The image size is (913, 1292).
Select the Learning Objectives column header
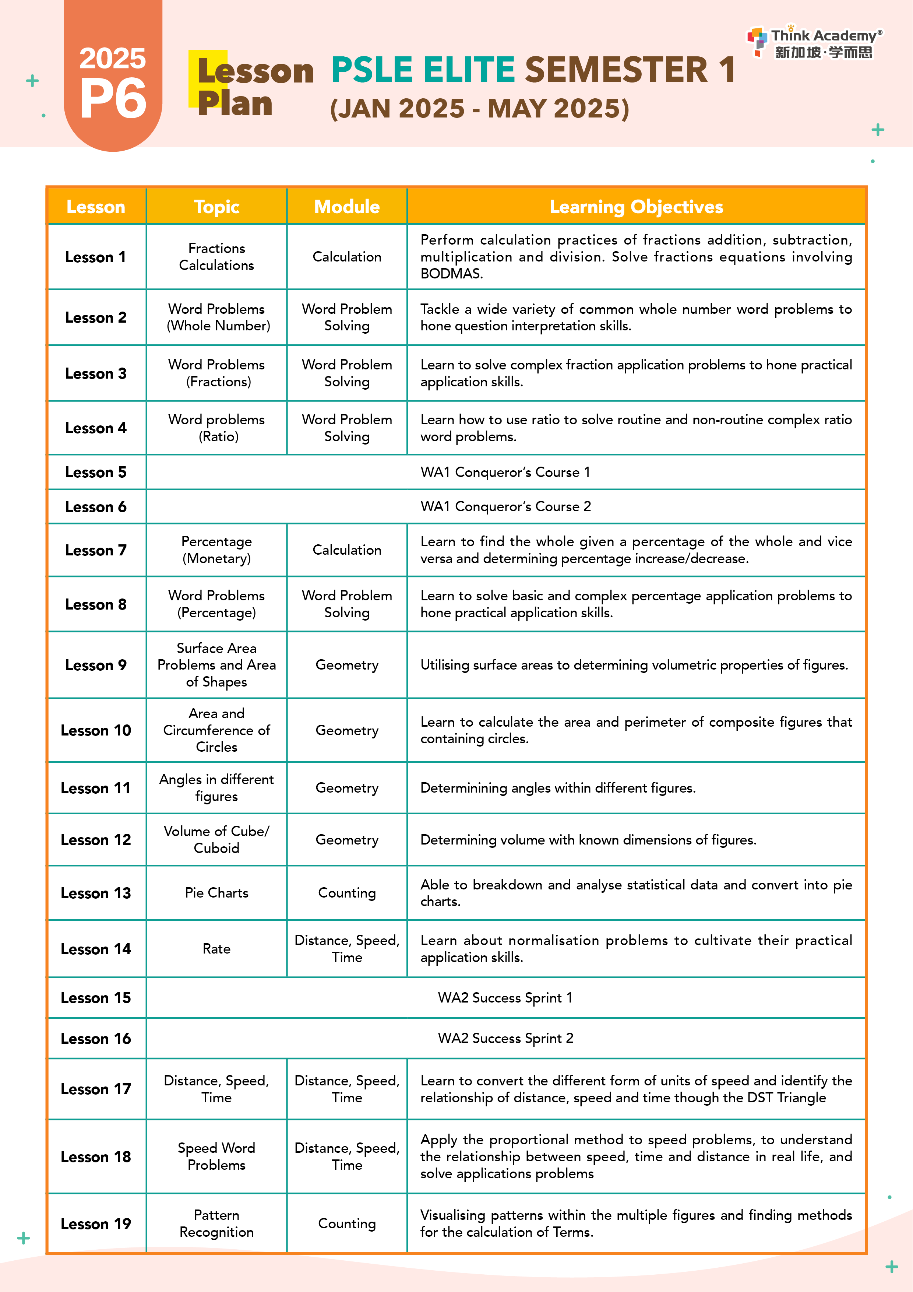636,207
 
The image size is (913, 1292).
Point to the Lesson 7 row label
96,550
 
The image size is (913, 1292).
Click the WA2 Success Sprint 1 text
505,998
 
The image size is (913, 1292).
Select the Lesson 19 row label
96,1224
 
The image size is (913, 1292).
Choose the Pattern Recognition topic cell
216,1223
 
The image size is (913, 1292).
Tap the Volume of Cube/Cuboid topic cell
216,840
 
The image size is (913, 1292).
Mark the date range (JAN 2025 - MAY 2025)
479,109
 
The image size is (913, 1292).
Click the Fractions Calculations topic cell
216,257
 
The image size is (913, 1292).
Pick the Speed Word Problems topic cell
216,1156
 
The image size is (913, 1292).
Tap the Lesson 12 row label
96,840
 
